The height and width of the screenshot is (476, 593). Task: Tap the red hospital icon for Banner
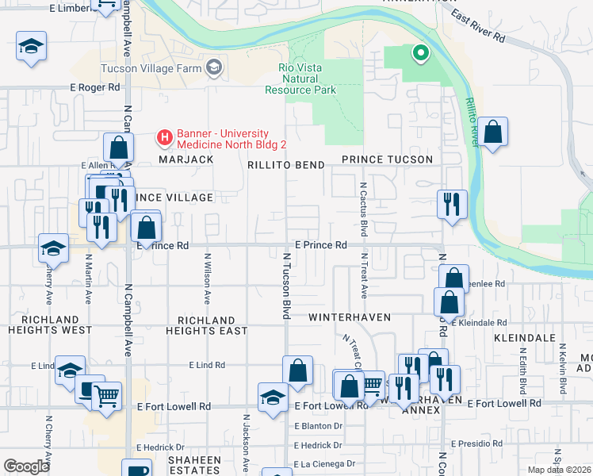pos(165,138)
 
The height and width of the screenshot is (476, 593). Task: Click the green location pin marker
pos(419,54)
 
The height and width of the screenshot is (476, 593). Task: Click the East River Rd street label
pos(477,26)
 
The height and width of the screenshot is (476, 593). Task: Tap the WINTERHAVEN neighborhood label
pos(350,317)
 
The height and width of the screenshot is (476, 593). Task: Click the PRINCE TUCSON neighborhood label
pos(387,159)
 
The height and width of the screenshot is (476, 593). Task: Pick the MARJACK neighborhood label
pos(186,159)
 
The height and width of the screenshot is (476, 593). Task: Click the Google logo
pos(27,466)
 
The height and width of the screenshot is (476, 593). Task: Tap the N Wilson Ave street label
pos(208,278)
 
